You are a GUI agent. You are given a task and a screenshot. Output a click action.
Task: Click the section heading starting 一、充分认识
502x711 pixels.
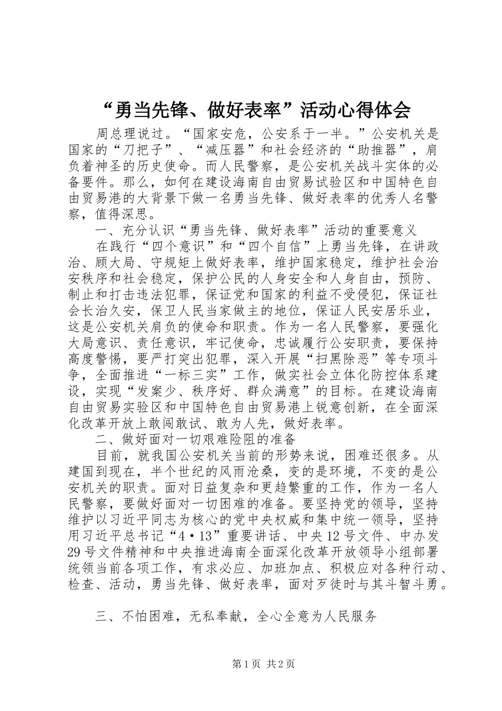click(256, 231)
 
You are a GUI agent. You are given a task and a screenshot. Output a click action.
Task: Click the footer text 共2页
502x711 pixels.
click(281, 664)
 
